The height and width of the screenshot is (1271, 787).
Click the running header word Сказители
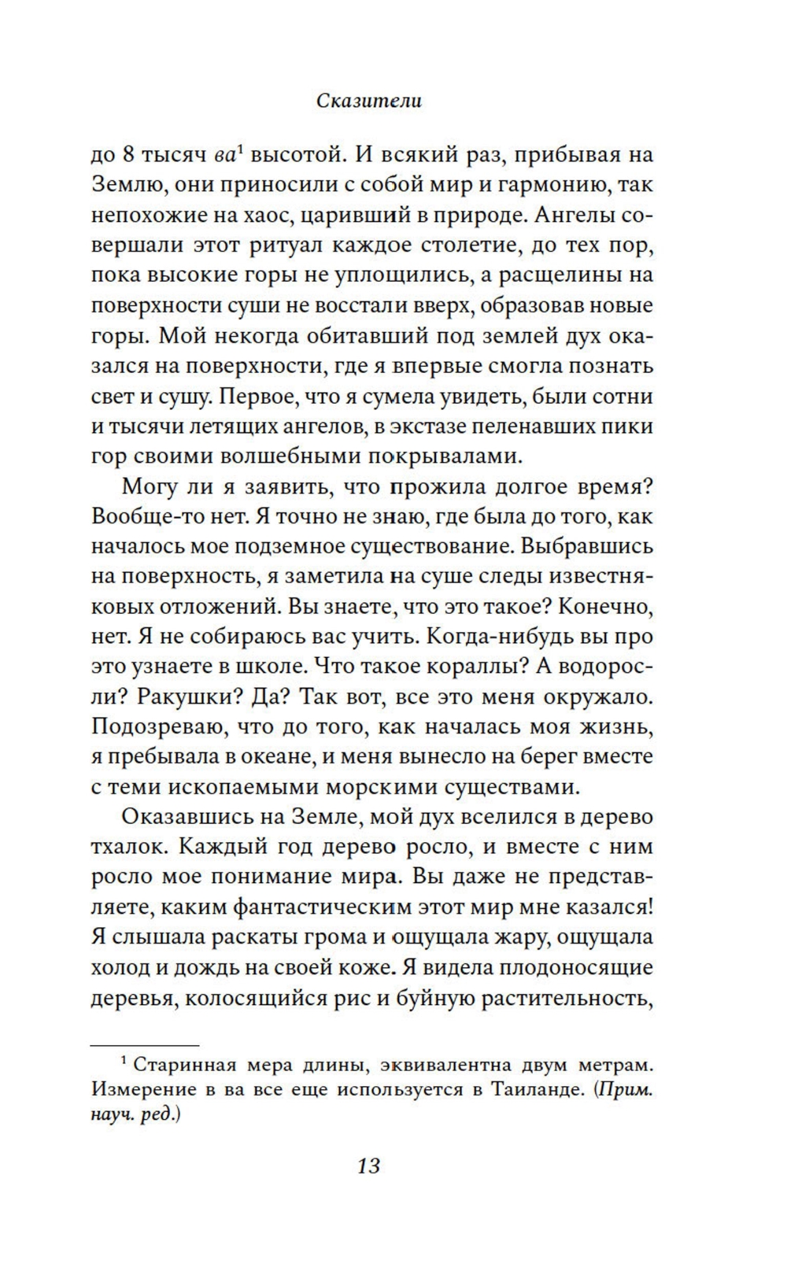pyautogui.click(x=369, y=101)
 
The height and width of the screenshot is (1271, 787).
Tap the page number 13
pyautogui.click(x=368, y=1166)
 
